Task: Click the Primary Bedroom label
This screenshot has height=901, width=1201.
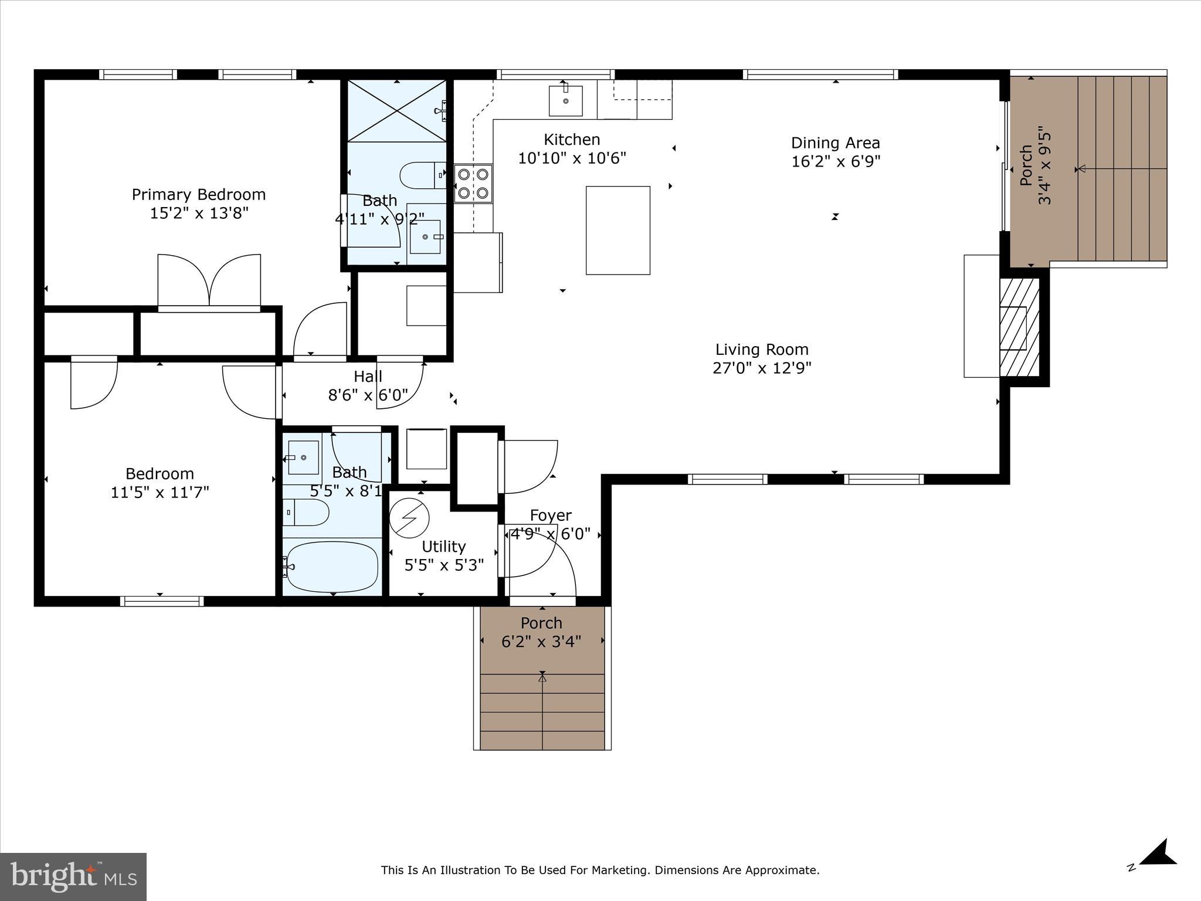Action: pos(198,194)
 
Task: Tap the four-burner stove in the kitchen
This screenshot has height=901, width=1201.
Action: pos(473,184)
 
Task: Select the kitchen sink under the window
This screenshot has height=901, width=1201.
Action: pos(566,100)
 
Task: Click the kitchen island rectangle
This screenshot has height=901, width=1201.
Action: pos(618,230)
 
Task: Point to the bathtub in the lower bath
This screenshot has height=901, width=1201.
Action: pos(331,567)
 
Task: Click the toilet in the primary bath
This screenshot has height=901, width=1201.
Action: pos(422,175)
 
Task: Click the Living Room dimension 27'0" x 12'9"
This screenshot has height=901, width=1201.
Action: pos(761,368)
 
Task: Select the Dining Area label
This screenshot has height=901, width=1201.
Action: pos(835,143)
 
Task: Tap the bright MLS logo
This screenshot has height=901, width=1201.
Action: pos(73,876)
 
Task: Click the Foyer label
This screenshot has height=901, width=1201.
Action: pos(550,515)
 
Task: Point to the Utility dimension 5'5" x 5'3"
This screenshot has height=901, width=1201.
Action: pos(444,565)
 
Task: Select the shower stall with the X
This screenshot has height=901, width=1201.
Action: pos(396,110)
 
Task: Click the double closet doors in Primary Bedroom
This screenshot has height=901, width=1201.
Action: pos(209,280)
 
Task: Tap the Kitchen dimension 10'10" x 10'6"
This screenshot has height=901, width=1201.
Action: pos(572,158)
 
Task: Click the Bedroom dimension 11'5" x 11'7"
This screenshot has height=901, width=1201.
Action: pos(160,492)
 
